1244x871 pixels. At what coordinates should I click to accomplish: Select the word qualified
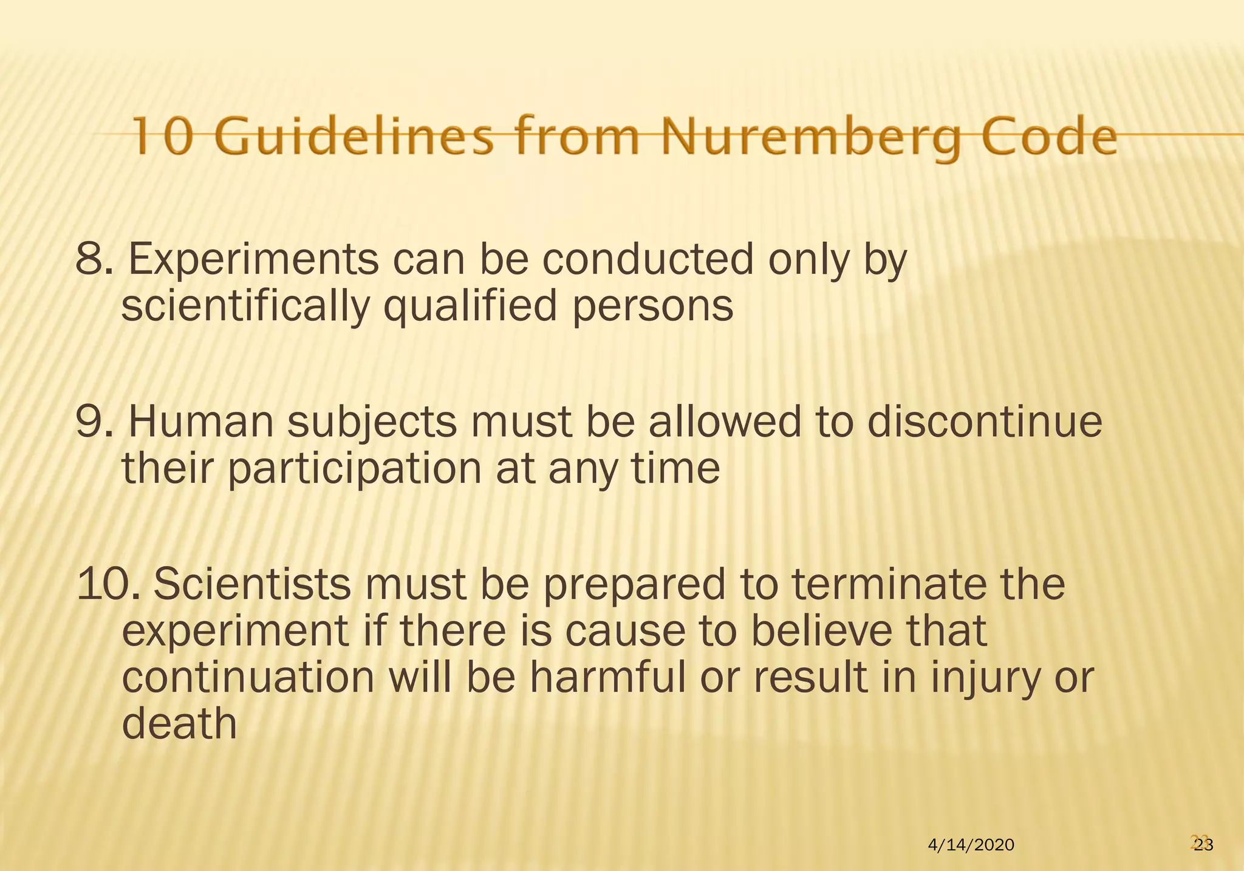(470, 306)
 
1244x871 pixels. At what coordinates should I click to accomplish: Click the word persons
(653, 306)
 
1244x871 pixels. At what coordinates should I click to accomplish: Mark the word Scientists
(252, 584)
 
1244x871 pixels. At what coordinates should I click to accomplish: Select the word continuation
(248, 678)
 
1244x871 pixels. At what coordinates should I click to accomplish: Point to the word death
(179, 724)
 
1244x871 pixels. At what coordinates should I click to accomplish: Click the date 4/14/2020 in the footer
(971, 844)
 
